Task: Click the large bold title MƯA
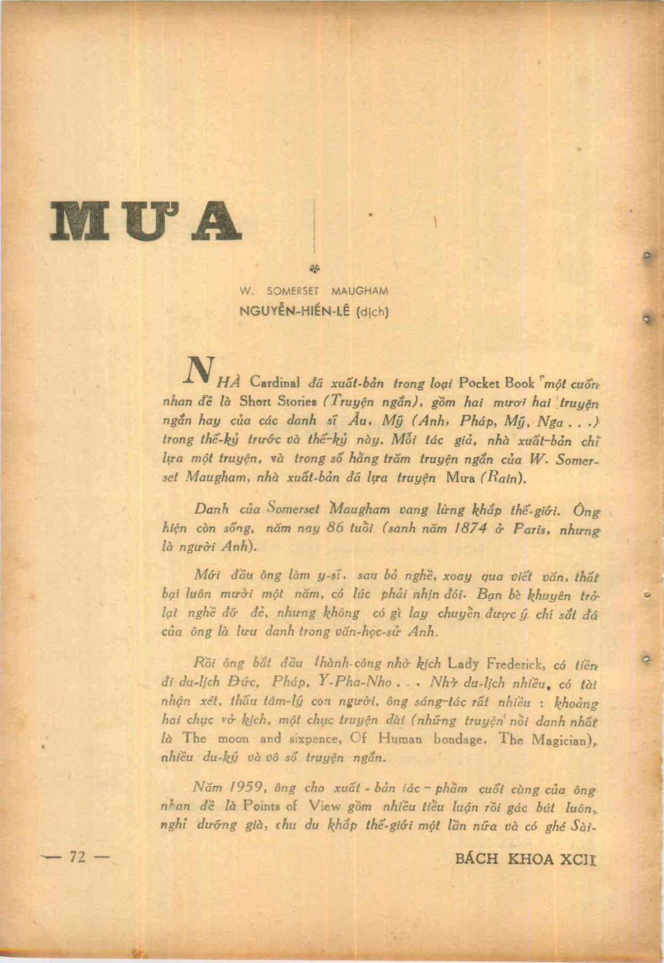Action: click(144, 221)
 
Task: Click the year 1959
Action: click(241, 789)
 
